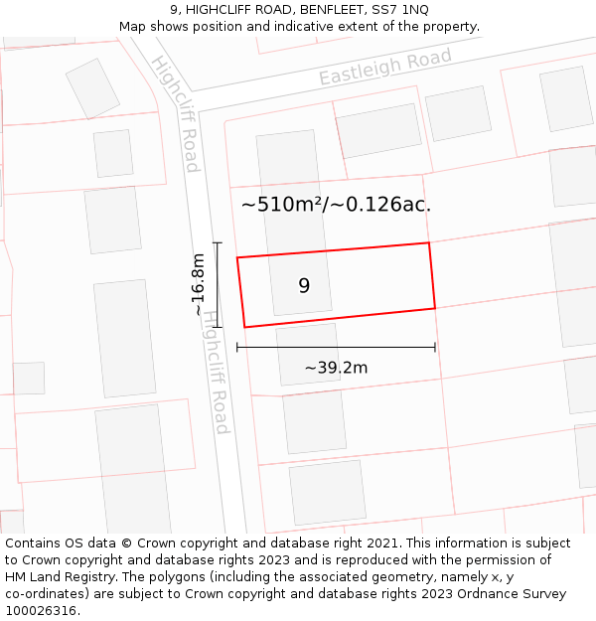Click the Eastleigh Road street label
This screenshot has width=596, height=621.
[x=385, y=66]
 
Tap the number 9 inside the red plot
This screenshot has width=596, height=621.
[x=304, y=286]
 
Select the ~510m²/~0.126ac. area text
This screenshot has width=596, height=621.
[x=336, y=206]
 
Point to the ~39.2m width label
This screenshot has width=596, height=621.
[x=336, y=368]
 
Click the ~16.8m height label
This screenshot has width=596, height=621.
[x=199, y=284]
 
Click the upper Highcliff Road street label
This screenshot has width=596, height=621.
[x=176, y=113]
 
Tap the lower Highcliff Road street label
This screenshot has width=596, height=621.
[x=215, y=372]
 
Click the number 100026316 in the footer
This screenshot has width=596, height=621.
[x=42, y=611]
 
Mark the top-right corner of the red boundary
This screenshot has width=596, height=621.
[x=428, y=242]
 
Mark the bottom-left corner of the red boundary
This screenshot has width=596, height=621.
[x=244, y=327]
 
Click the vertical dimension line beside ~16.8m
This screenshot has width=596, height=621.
[x=218, y=284]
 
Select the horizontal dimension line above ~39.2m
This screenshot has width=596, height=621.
[x=336, y=347]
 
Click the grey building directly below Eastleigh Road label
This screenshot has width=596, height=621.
[x=378, y=130]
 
